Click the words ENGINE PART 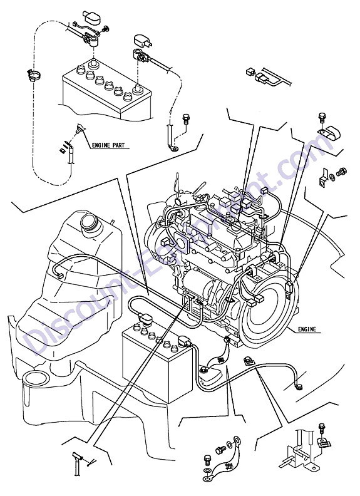coord(108,145)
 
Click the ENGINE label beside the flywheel coord(307,329)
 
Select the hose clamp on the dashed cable coord(33,76)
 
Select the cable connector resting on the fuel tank coord(59,276)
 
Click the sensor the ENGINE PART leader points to coord(80,129)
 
